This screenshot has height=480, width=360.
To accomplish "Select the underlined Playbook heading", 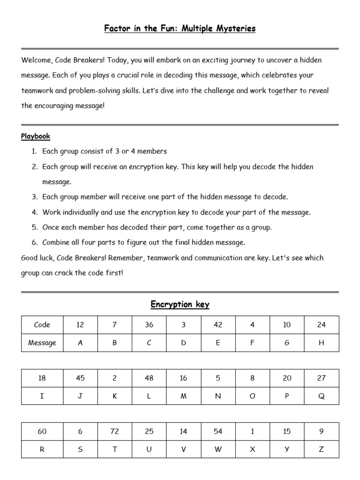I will [x=36, y=136].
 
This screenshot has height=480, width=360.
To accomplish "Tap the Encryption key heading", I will [x=180, y=305].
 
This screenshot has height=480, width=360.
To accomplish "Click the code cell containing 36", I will [x=149, y=325].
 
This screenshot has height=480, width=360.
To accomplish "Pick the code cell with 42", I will [x=218, y=325].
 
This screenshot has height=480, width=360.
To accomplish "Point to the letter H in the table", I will [x=321, y=343].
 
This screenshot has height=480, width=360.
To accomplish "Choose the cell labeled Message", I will [x=42, y=343].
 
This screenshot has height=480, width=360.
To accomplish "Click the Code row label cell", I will [x=42, y=325].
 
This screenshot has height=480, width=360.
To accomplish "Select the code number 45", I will [x=80, y=378].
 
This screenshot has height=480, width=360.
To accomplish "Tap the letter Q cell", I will [x=321, y=396].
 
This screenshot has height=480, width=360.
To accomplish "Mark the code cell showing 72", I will [x=115, y=431].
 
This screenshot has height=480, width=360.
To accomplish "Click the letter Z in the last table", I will [x=321, y=449].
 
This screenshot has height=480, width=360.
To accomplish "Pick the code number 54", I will [x=218, y=431].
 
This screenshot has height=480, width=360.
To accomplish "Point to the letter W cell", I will [x=218, y=449].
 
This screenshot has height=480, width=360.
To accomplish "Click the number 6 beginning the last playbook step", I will [x=34, y=242].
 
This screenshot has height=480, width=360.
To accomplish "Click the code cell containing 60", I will [x=42, y=431].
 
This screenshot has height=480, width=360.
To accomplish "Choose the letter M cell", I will [x=183, y=396].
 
